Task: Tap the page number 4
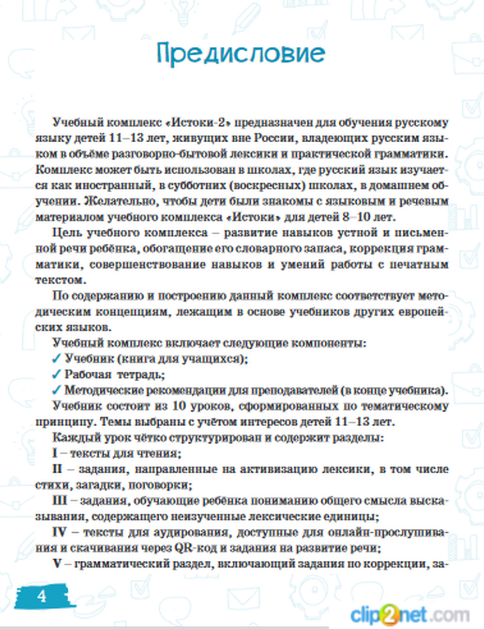click(x=42, y=596)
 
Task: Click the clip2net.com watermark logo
click(x=409, y=615)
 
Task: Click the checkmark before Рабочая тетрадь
click(x=57, y=374)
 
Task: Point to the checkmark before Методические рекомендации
click(x=57, y=390)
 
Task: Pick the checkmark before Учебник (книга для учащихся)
click(x=57, y=359)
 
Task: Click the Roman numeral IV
click(x=59, y=533)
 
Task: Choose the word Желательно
click(x=111, y=201)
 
